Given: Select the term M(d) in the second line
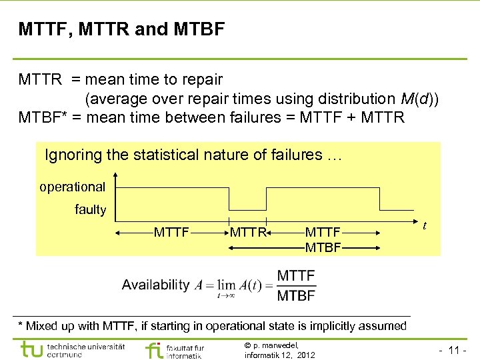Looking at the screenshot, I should [x=417, y=99].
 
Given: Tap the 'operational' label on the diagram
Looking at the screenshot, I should [x=72, y=187].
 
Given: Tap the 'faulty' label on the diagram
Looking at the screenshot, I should [x=90, y=210].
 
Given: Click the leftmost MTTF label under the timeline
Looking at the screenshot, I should [x=172, y=233].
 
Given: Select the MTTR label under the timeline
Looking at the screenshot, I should [x=248, y=233].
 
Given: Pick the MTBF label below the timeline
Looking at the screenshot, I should [x=323, y=247].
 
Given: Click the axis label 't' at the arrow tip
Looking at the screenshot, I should [x=425, y=226].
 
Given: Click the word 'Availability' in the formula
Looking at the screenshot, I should [x=155, y=285].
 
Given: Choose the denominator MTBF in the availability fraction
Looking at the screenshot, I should [x=297, y=295].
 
